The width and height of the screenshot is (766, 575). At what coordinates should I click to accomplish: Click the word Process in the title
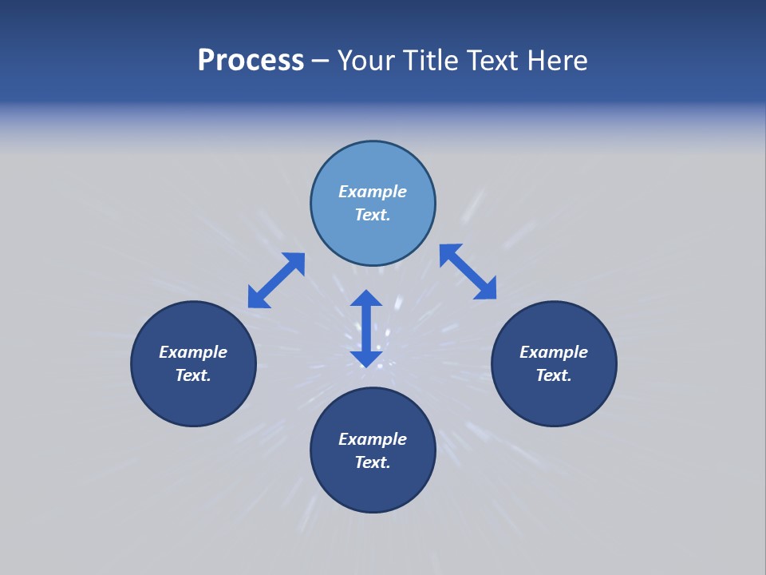point(251,61)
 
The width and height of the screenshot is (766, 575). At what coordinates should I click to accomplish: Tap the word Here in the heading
point(557,61)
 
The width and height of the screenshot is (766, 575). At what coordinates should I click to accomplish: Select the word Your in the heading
point(368,61)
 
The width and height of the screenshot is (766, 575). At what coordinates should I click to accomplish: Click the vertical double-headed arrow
point(366,327)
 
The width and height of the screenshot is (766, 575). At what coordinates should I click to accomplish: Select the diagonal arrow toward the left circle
point(276,280)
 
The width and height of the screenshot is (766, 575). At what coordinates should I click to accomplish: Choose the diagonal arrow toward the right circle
point(468,272)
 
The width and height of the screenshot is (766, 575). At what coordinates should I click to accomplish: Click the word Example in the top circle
point(373,192)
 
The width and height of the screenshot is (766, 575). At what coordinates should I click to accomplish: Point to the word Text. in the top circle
point(373,215)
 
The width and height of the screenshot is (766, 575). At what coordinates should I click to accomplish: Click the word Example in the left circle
point(193,352)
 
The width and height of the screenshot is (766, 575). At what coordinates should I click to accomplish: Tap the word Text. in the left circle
point(193,375)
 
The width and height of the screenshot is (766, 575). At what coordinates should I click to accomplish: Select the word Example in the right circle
point(554,352)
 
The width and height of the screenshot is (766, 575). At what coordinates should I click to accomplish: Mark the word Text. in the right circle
point(554,375)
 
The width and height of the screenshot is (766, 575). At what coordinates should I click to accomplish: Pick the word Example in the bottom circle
point(373,439)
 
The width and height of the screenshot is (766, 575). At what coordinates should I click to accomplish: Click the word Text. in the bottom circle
point(373,462)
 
